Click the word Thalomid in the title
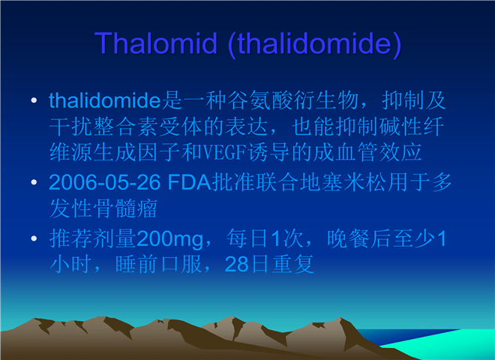(156, 43)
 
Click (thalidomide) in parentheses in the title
(315, 44)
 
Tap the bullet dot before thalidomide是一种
(34, 100)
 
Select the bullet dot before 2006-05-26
(34, 182)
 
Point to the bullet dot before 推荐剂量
(34, 238)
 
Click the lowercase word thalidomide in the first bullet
(105, 100)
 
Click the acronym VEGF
(224, 152)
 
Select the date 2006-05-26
(105, 182)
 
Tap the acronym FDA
(189, 182)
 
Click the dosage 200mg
(170, 239)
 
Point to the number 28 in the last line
(236, 264)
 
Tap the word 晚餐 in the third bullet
(348, 238)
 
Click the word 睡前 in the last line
(136, 264)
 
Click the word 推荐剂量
(93, 238)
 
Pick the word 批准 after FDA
(233, 182)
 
